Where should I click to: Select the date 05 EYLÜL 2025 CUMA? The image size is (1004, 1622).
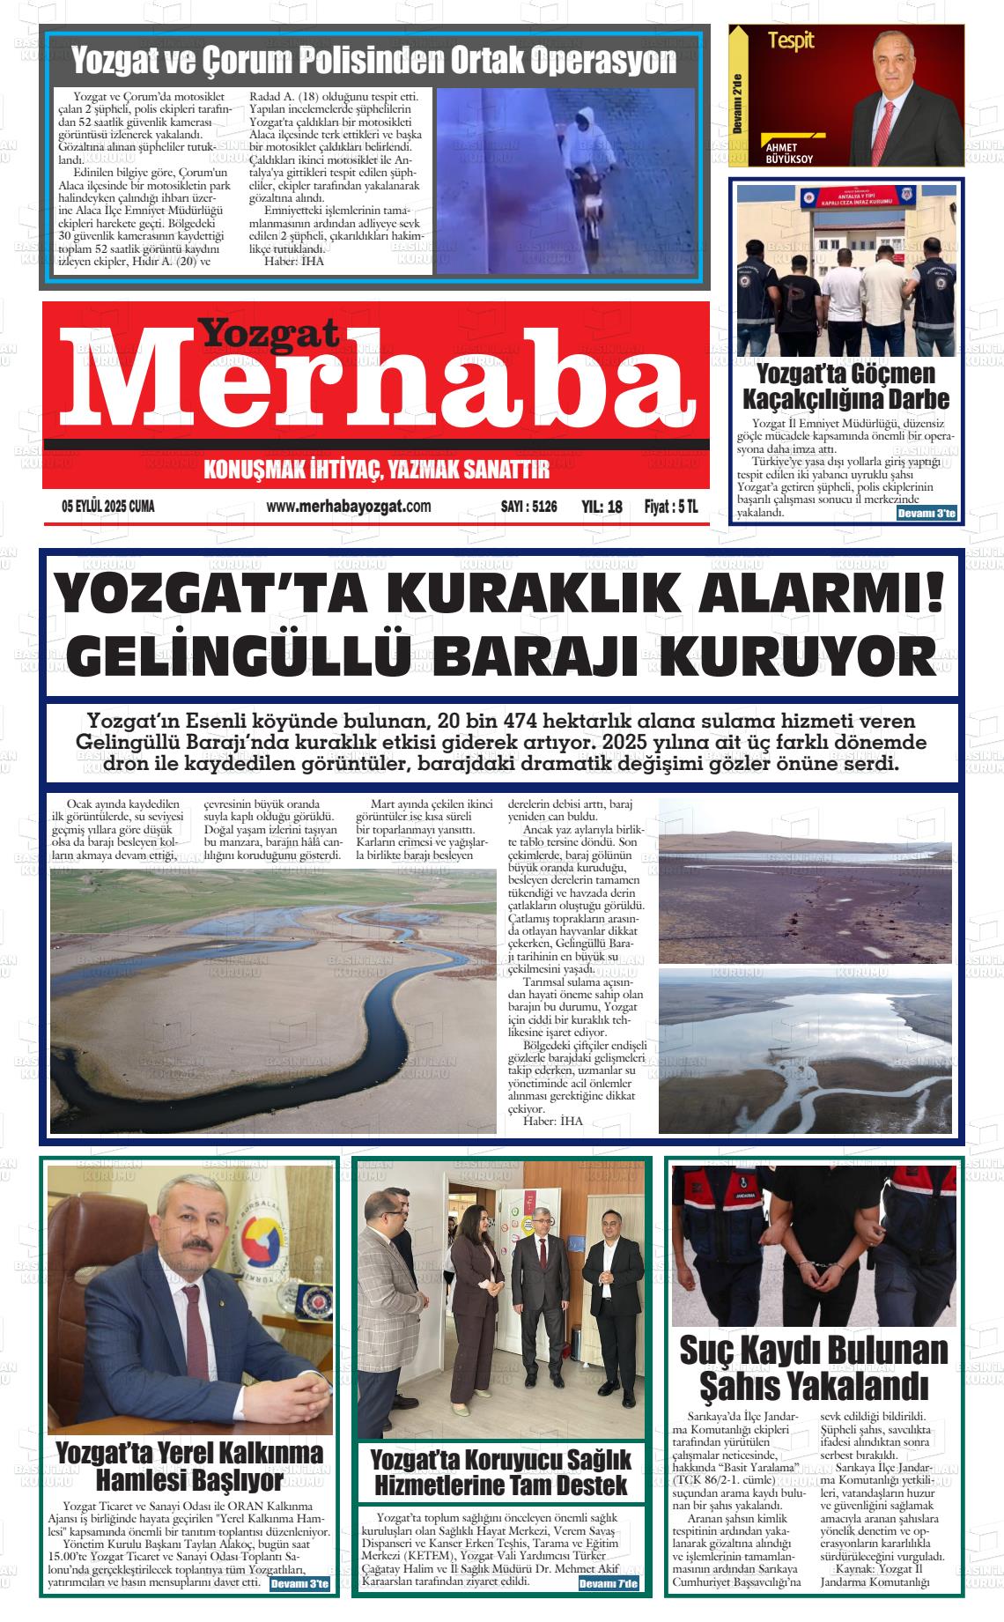[x=107, y=507]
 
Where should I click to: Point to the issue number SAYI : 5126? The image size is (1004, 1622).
[x=528, y=507]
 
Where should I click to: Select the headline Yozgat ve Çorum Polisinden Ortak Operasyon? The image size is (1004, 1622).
[x=373, y=61]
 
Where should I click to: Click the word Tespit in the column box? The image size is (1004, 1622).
[x=790, y=40]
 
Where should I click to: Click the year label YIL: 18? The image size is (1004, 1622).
[x=602, y=507]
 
